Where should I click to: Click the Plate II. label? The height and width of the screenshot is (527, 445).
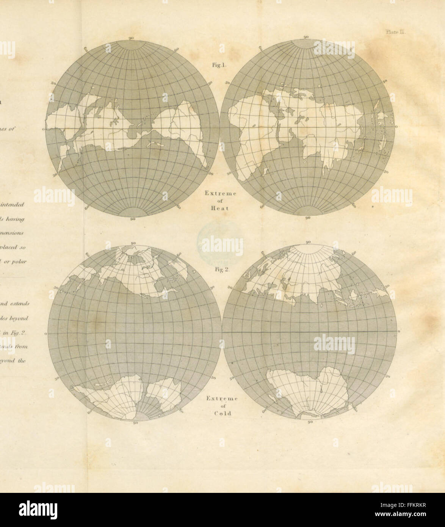(396, 32)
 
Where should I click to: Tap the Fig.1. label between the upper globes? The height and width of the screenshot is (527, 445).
(219, 65)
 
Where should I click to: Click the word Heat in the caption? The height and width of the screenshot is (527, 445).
(221, 207)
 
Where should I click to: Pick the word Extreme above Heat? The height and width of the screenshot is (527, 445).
(221, 193)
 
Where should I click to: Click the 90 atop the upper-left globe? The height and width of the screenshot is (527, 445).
(131, 38)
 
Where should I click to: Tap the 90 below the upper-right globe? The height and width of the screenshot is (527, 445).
(308, 218)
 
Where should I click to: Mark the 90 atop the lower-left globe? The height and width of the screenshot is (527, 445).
(133, 243)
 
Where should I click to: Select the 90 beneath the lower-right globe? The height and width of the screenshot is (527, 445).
(310, 421)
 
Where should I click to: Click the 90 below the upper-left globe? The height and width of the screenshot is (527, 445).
(132, 220)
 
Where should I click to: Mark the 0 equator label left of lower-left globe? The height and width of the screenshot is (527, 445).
(45, 334)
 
